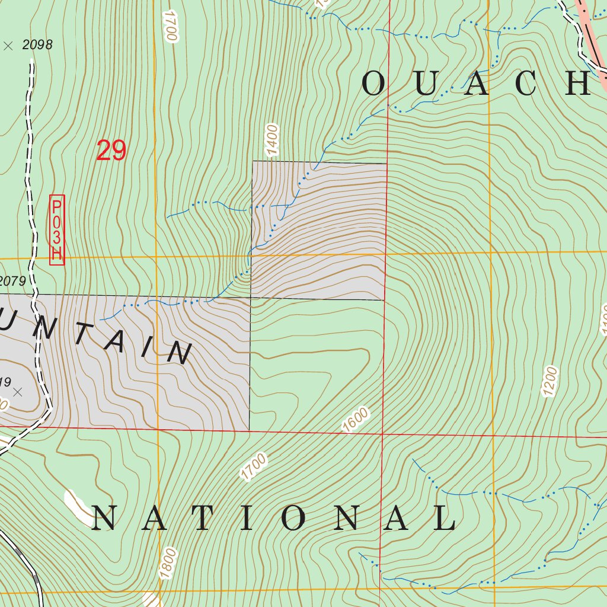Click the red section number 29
point(111,151)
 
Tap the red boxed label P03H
point(57,230)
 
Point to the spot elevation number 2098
point(37,44)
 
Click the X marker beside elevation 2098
point(8,46)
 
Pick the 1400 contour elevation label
point(272,139)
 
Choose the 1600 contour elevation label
point(356,420)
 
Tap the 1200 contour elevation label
point(550,381)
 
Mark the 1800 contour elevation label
point(168,563)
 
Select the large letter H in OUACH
point(578,84)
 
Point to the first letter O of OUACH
point(373,84)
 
